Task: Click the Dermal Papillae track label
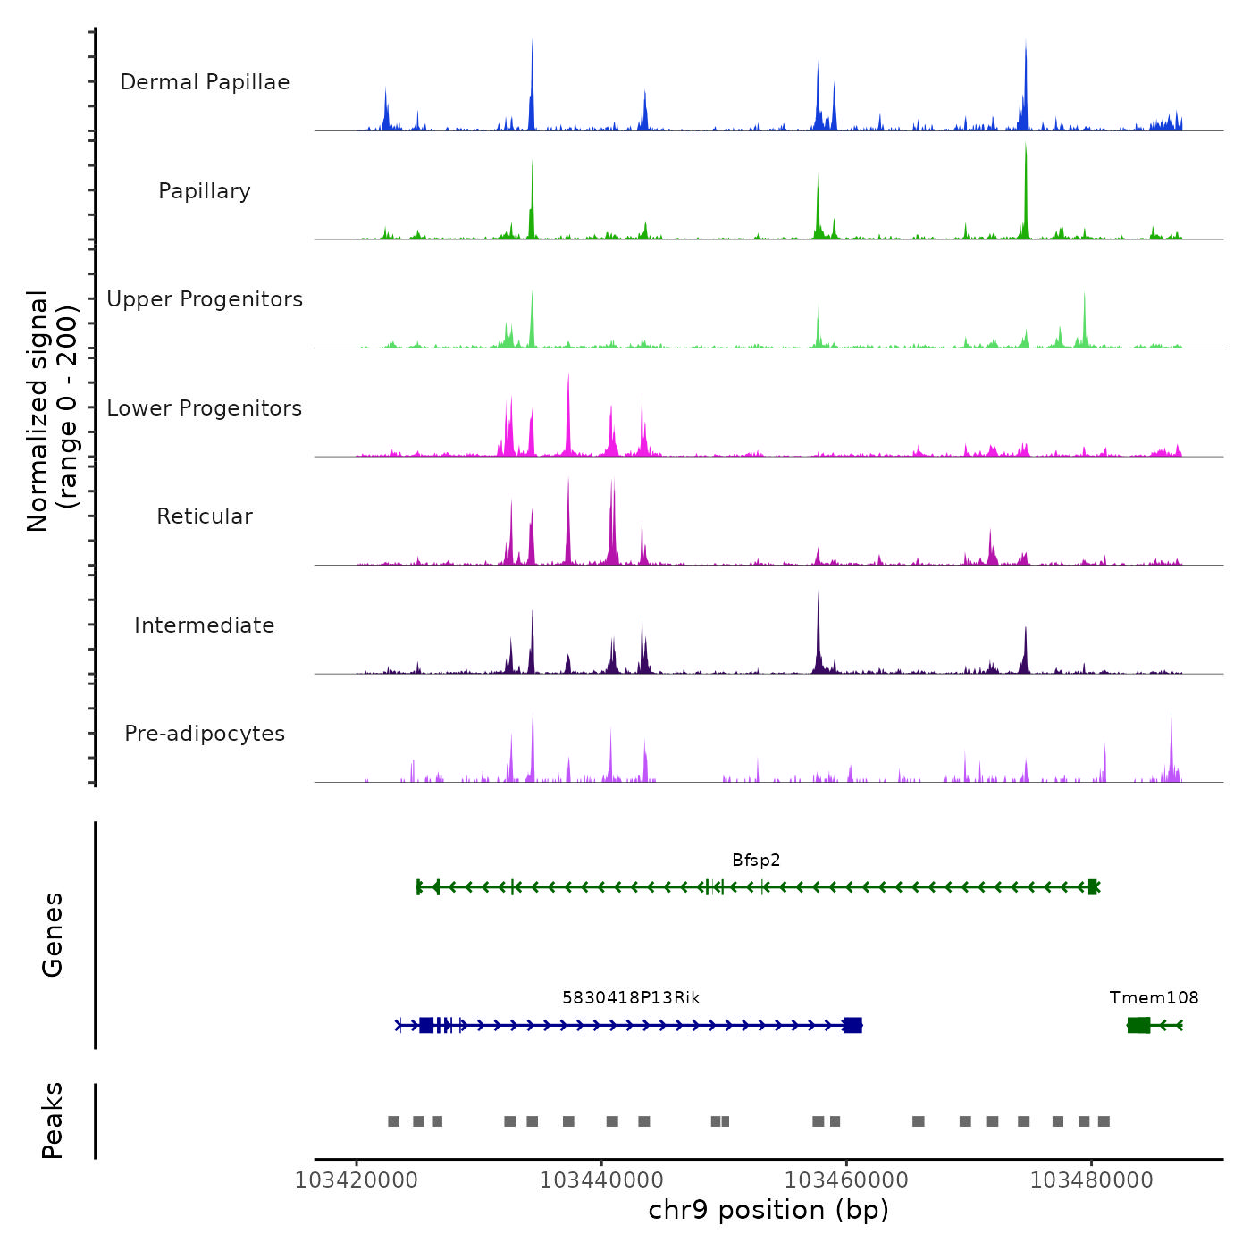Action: [205, 82]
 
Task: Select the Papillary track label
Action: [205, 191]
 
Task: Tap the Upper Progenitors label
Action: [205, 299]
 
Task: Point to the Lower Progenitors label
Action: [205, 408]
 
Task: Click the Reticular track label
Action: [205, 516]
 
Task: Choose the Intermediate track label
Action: [205, 625]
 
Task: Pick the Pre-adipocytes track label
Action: [205, 734]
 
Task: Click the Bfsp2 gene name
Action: [756, 861]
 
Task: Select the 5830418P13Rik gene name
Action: [631, 998]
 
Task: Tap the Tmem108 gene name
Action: [1154, 998]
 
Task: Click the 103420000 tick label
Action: [357, 1180]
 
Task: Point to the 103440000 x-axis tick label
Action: [601, 1180]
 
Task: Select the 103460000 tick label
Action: [846, 1180]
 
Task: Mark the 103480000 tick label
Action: [1091, 1180]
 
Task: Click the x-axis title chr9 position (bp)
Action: [768, 1210]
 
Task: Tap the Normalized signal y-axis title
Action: [52, 411]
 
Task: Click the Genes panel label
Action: [52, 935]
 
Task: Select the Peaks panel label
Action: [52, 1121]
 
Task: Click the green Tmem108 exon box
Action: [1138, 1025]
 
